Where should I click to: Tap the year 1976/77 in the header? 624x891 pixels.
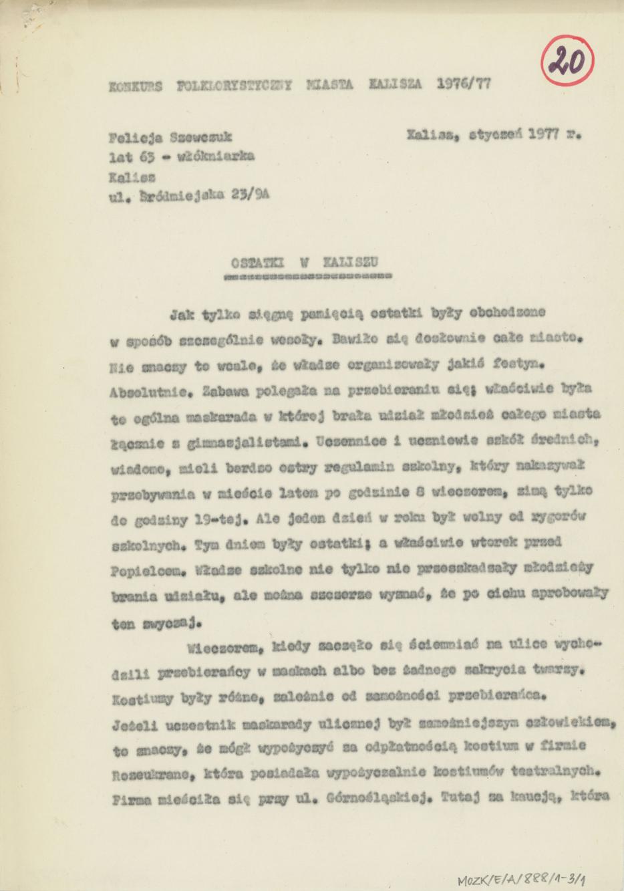point(464,84)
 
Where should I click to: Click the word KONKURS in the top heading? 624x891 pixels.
point(136,86)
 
